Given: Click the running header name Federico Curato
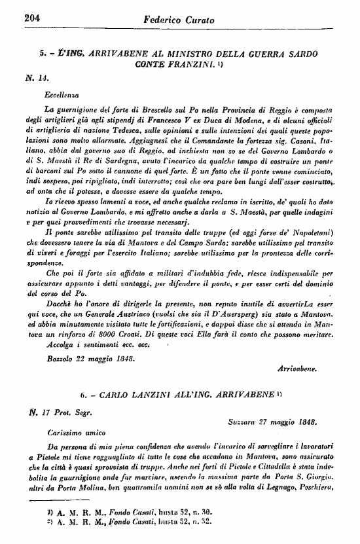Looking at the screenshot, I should click(180, 20).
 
